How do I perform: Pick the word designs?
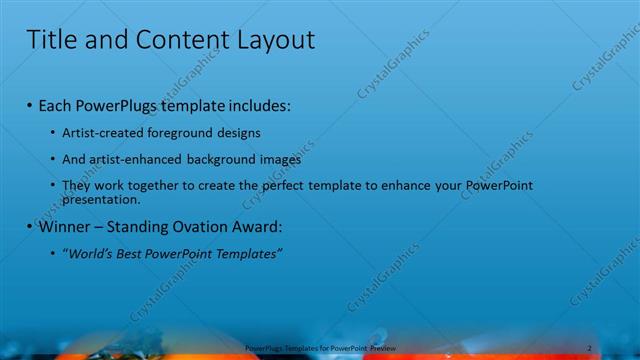coord(242,132)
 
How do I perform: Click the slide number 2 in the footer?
coord(589,348)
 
